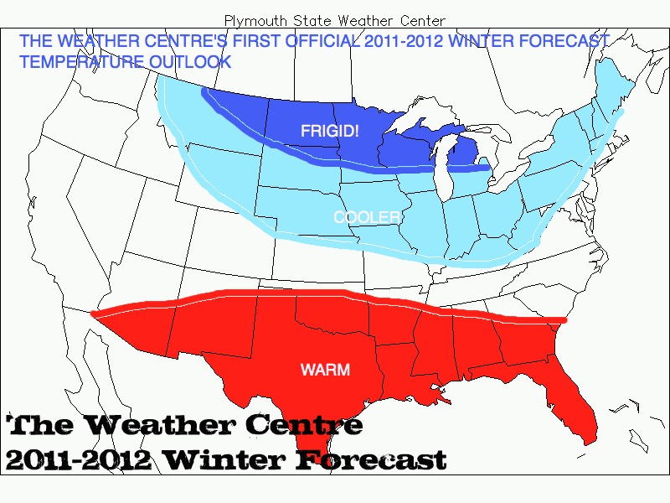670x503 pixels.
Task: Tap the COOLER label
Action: [367, 217]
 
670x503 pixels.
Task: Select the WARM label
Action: [325, 370]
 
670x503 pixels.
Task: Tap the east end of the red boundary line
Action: [564, 319]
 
